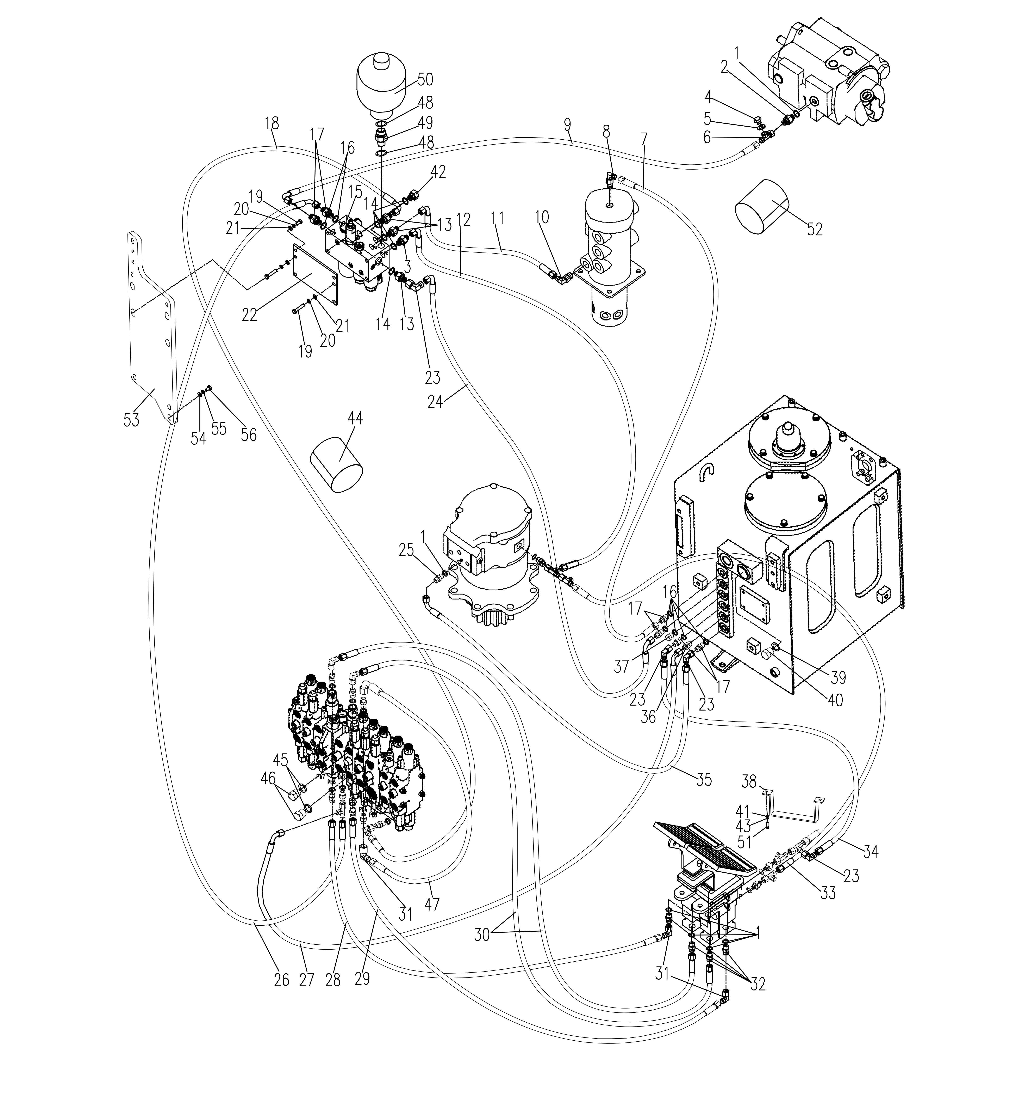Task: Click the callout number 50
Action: [x=425, y=80]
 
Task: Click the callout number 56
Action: [x=249, y=435]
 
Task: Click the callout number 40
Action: [x=835, y=700]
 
